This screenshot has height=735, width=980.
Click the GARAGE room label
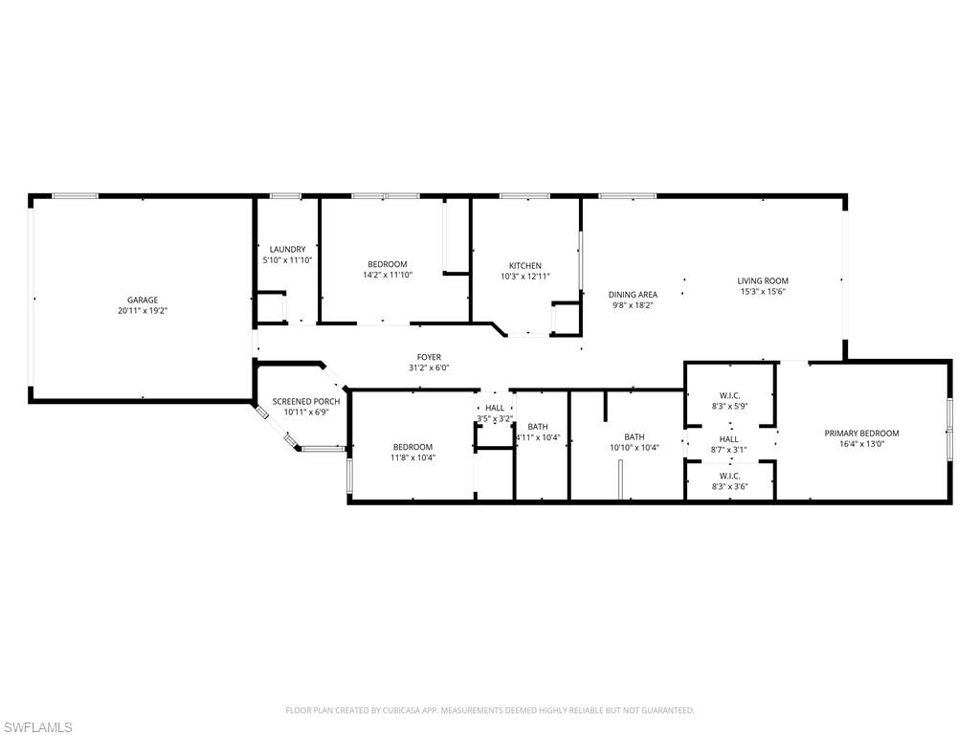[x=143, y=300]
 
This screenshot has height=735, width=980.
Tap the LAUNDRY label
[x=287, y=250]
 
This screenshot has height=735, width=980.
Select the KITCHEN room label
[x=525, y=266]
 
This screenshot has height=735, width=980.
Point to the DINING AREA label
[x=633, y=295]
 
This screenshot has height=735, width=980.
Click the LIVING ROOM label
[x=763, y=280]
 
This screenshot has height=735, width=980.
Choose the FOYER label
[x=430, y=358]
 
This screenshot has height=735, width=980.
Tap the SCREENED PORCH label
[x=306, y=401]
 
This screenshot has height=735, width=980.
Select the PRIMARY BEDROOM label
[x=861, y=434]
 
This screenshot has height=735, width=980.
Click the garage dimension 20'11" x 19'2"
[x=143, y=311]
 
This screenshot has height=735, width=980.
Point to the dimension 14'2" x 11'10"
[x=388, y=275]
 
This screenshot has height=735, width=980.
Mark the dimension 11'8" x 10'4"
[x=412, y=457]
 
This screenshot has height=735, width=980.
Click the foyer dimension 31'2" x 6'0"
[x=430, y=368]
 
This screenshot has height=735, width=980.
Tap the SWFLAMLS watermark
[x=36, y=727]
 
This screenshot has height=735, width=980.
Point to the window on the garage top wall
[x=75, y=196]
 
